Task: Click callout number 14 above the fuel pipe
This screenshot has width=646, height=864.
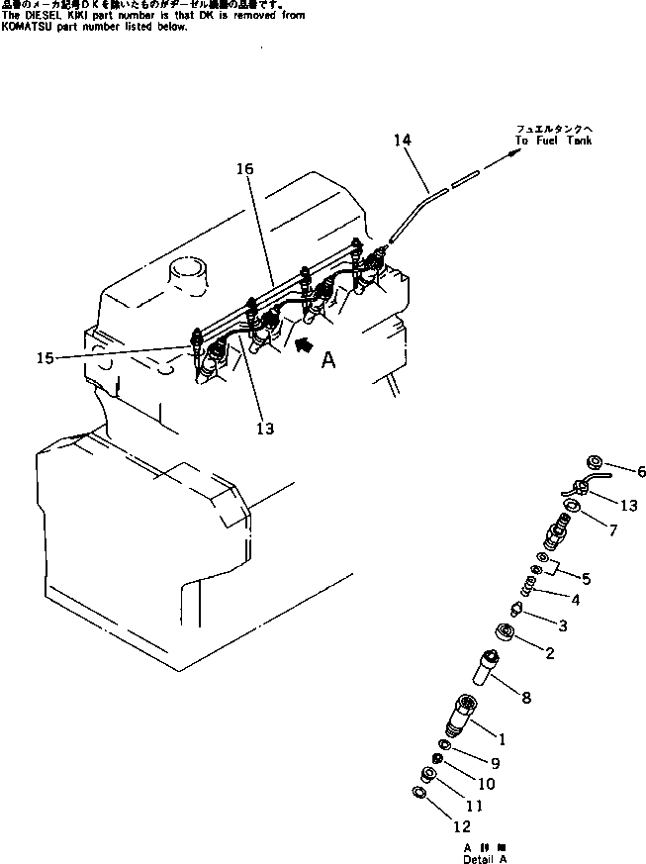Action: tap(401, 142)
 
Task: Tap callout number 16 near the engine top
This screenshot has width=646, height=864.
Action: tap(244, 169)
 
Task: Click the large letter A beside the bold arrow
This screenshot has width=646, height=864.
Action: tap(327, 361)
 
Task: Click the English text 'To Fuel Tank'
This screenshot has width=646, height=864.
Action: tap(553, 142)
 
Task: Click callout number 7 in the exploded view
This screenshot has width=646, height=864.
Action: tap(612, 531)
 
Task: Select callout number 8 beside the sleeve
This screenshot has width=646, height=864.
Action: tap(525, 698)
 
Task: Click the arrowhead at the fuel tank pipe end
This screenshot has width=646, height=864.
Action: tap(514, 152)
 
